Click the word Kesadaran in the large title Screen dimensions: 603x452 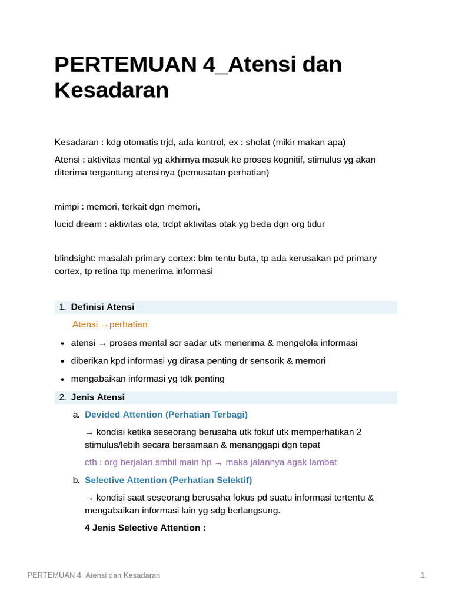click(112, 90)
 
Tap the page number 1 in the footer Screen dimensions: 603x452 click(422, 575)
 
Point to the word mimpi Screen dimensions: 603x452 click(67, 207)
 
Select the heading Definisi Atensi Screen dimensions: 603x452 click(102, 307)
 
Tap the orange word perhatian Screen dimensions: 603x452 click(128, 324)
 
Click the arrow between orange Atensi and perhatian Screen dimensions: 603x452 click(104, 325)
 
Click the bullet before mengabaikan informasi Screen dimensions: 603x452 click(62, 379)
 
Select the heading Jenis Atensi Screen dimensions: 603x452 click(98, 397)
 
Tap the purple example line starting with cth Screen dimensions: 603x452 click(210, 462)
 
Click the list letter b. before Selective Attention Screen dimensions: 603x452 click(76, 481)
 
